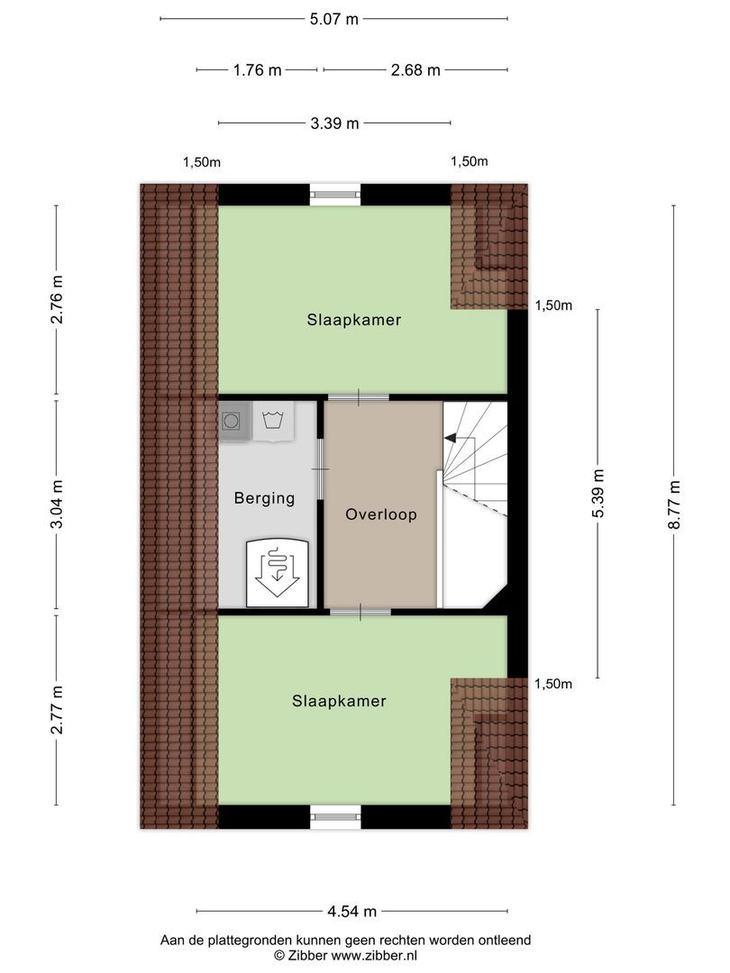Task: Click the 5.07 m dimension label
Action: [x=334, y=19]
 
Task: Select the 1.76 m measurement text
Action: [x=257, y=70]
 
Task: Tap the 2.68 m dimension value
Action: [x=415, y=70]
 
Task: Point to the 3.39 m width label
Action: [x=334, y=123]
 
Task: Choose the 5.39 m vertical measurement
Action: [x=598, y=494]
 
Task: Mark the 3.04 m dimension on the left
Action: [x=56, y=506]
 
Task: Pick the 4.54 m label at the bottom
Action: [x=351, y=911]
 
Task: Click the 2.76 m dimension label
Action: [x=56, y=299]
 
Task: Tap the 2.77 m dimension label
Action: [x=56, y=710]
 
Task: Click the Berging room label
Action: [x=264, y=498]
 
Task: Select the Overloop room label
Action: [x=381, y=514]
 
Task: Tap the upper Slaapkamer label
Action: [x=353, y=320]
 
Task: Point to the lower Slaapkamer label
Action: [x=339, y=701]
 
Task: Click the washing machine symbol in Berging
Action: [x=233, y=421]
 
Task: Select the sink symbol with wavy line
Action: [x=272, y=421]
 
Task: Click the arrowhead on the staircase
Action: [x=449, y=439]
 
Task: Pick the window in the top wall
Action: [x=335, y=190]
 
